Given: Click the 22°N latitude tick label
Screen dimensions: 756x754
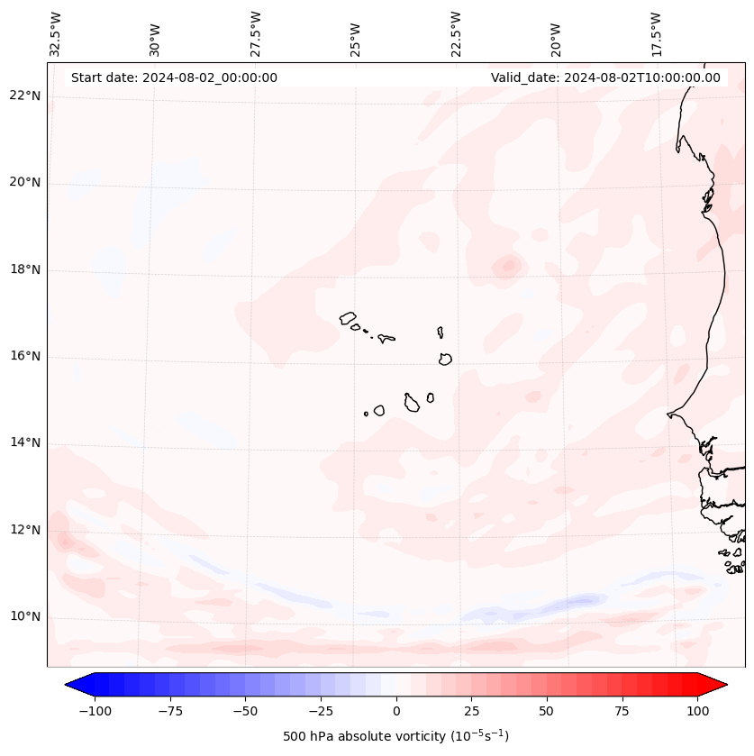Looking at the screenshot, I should click(x=24, y=96).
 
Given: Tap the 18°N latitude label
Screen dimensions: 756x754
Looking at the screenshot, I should click(x=24, y=269).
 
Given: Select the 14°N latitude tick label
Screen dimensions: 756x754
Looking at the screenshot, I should click(x=24, y=442).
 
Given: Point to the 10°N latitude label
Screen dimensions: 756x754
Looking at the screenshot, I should click(x=24, y=616).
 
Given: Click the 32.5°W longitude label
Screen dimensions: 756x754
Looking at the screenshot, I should click(x=56, y=33).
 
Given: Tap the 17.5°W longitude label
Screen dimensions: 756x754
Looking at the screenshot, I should click(x=656, y=33).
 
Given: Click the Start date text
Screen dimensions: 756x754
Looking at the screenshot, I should click(x=174, y=77).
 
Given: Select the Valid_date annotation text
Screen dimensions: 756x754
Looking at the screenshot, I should click(x=605, y=77).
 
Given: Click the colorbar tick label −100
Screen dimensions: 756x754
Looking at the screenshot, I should click(x=95, y=711).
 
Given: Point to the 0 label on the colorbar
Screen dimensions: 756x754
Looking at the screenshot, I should click(x=396, y=711).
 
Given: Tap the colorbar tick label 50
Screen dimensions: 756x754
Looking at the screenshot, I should click(x=547, y=711).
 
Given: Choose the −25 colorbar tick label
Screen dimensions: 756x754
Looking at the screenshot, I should click(x=321, y=711).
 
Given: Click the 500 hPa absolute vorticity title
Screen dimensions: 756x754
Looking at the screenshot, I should click(x=395, y=736).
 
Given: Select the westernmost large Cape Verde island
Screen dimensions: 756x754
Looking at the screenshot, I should click(x=348, y=318).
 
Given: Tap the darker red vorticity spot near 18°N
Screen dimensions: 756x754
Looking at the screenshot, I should click(x=509, y=265).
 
